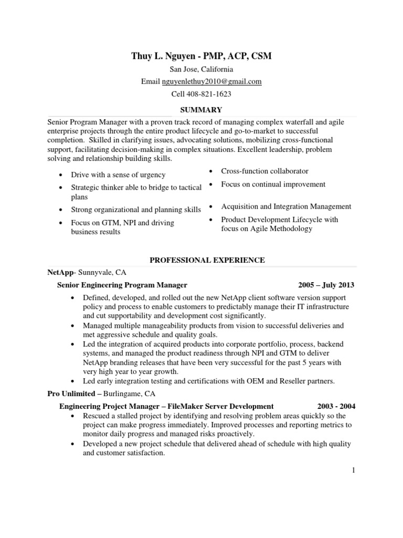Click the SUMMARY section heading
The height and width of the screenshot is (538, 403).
201,109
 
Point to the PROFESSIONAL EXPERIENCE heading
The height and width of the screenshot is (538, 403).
207,260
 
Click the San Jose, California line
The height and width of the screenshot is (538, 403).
201,69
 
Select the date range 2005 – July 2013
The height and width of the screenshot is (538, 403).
326,285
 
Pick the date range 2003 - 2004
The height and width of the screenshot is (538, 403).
336,406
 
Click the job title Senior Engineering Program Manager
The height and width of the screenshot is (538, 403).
122,285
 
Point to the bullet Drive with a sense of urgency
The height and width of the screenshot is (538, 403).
118,175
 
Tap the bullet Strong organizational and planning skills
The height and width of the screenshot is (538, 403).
136,210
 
